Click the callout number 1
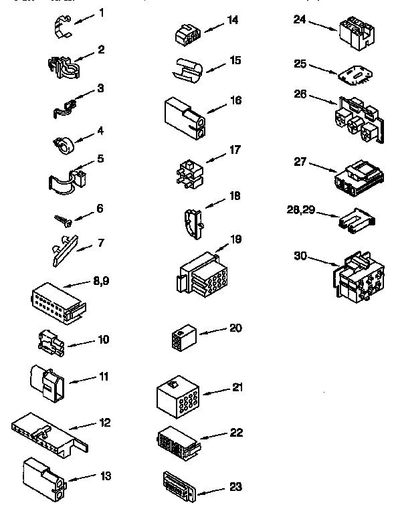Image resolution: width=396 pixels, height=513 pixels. point(102,13)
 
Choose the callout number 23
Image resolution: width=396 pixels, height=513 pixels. point(235,486)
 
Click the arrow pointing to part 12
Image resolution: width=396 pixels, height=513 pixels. point(84,425)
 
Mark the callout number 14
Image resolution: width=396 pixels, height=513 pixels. point(232,19)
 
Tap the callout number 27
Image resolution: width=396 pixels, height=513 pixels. point(300,161)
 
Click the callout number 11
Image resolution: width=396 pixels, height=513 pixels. point(103,376)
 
